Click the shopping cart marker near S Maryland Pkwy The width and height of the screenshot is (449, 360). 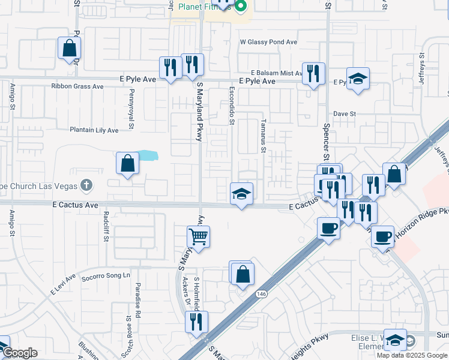198,235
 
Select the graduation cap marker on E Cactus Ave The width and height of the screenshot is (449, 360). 241,194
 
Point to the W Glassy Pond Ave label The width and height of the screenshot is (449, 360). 268,43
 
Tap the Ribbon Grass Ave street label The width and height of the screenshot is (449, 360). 77,86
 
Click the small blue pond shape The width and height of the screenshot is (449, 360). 148,156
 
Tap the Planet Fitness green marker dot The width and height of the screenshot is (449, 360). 241,7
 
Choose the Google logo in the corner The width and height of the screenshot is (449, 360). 19,353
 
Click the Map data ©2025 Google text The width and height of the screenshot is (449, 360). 411,355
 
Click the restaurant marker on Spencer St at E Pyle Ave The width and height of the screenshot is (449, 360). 313,74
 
